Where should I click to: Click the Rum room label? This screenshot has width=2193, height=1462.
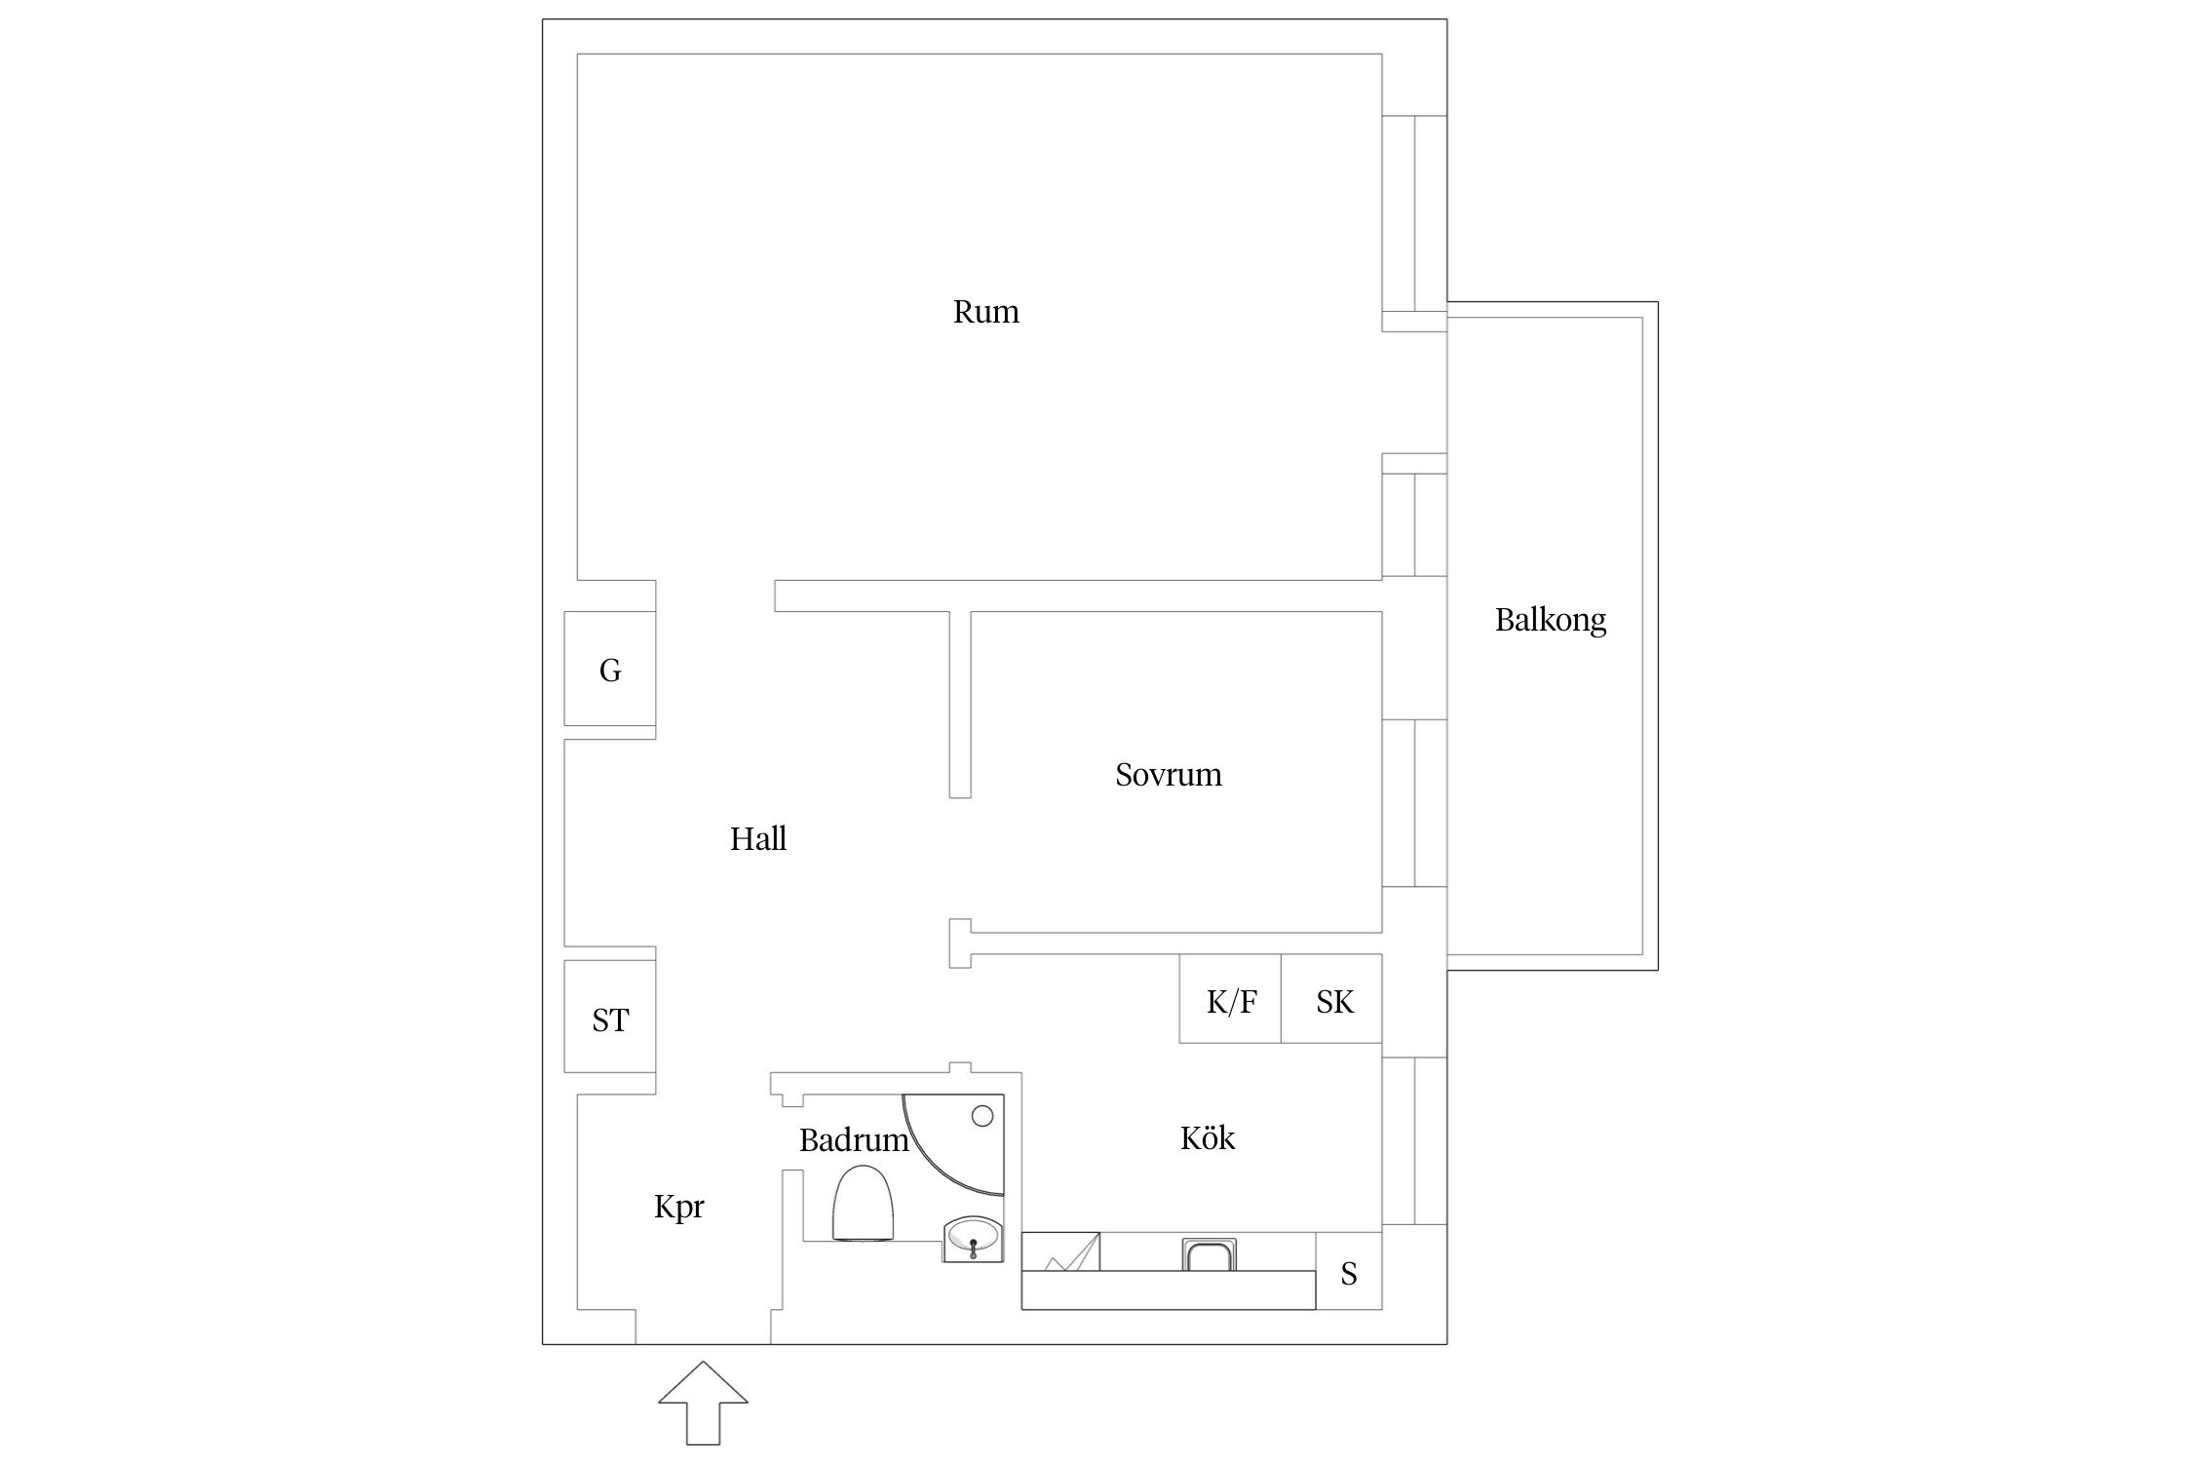point(985,312)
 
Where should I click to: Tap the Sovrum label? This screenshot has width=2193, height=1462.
point(1168,775)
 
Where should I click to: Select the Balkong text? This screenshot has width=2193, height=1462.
point(1550,620)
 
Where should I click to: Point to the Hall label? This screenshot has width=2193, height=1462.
point(757,838)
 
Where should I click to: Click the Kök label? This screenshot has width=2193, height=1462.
point(1207,1137)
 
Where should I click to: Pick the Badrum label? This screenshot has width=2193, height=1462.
point(853,1140)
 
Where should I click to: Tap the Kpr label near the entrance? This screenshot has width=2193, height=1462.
point(678,1208)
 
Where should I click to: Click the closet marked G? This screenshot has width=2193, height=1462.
point(610,669)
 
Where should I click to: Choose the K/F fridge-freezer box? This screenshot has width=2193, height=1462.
point(1230,999)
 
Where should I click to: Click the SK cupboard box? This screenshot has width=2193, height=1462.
point(1331,999)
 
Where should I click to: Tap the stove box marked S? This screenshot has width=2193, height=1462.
point(1349,1271)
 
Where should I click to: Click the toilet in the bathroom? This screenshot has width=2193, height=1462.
point(863,1206)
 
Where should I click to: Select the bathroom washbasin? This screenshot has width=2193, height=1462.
point(973,1239)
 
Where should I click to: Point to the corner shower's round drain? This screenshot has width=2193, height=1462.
point(982,1115)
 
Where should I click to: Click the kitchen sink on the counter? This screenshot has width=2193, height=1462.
point(1209,1254)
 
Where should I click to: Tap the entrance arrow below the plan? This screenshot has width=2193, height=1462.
point(703,1403)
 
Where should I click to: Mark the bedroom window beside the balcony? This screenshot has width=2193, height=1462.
point(1414,803)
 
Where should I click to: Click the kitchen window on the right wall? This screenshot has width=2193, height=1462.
point(1414,1140)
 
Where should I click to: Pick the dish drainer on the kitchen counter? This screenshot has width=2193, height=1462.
point(1061,1251)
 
